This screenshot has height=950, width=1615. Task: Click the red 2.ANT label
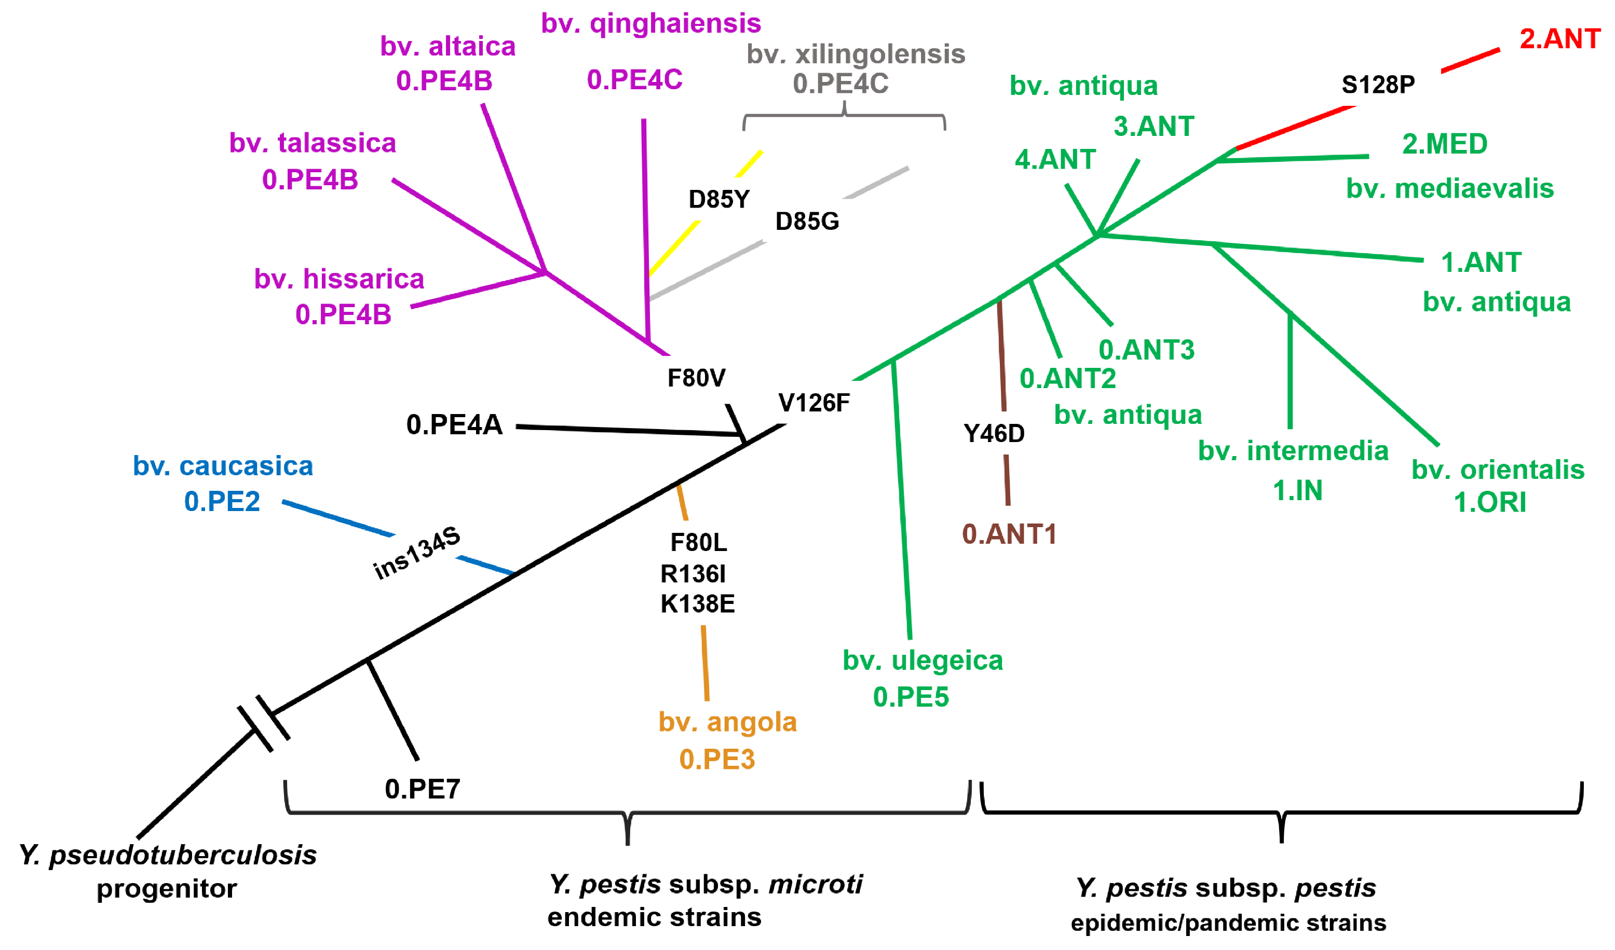1560,39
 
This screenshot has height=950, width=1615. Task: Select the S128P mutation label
1378,85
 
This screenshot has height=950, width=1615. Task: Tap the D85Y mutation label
718,199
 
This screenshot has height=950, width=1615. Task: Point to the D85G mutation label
807,222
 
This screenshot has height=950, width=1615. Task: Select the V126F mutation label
814,403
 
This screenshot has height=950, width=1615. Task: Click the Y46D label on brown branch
994,434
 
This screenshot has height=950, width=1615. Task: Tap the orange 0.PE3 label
717,760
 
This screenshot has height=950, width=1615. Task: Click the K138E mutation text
697,604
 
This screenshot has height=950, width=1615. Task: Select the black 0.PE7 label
423,789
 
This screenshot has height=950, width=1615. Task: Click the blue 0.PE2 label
222,502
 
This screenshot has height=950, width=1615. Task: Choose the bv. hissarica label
339,279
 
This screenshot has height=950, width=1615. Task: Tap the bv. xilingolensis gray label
856,54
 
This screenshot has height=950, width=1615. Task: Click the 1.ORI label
1489,503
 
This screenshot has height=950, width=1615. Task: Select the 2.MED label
1445,144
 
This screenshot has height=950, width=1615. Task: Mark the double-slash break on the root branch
263,724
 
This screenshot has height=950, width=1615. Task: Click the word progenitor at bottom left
167,889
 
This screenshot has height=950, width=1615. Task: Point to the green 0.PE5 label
911,697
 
